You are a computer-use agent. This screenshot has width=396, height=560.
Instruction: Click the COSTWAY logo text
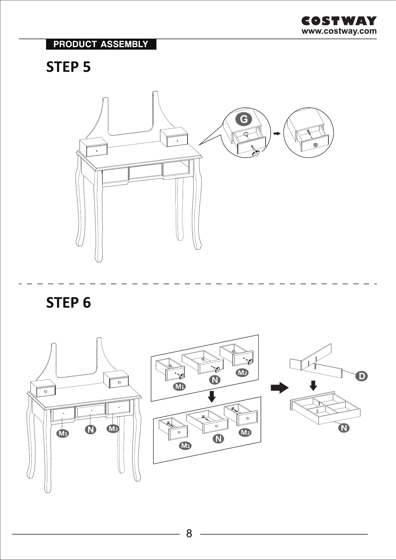pyautogui.click(x=339, y=21)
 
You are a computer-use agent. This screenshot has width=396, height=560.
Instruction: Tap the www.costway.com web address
pyautogui.click(x=339, y=31)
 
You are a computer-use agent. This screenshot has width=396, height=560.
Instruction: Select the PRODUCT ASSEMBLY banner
pyautogui.click(x=101, y=44)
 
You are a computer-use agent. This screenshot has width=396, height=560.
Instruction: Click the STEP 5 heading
pyautogui.click(x=68, y=67)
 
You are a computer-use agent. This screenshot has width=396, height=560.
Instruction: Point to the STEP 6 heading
pyautogui.click(x=68, y=302)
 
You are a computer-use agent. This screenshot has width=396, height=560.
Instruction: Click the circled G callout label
pyautogui.click(x=244, y=119)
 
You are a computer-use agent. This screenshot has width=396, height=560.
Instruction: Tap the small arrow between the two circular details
pyautogui.click(x=277, y=133)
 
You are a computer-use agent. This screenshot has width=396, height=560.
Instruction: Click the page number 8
pyautogui.click(x=189, y=533)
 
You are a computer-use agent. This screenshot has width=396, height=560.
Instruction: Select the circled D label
pyautogui.click(x=362, y=376)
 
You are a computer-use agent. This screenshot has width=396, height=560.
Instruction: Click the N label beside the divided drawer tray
pyautogui.click(x=344, y=428)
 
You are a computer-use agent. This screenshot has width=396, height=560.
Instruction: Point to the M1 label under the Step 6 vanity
pyautogui.click(x=63, y=433)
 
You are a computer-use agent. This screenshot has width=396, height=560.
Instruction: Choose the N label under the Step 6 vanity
pyautogui.click(x=91, y=430)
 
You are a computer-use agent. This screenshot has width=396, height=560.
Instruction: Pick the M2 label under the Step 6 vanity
pyautogui.click(x=113, y=429)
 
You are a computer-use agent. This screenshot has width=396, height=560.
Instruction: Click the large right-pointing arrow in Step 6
pyautogui.click(x=280, y=388)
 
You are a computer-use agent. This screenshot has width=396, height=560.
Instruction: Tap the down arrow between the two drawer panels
pyautogui.click(x=212, y=397)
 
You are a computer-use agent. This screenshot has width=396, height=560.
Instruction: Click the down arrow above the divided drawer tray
pyautogui.click(x=313, y=386)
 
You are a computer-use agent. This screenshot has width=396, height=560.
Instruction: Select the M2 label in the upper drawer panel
pyautogui.click(x=242, y=373)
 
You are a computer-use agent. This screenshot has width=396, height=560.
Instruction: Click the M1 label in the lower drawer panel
pyautogui.click(x=185, y=446)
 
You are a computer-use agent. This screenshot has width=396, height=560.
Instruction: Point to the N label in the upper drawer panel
pyautogui.click(x=215, y=380)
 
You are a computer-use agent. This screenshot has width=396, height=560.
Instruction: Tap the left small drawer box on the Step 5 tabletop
pyautogui.click(x=94, y=147)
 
